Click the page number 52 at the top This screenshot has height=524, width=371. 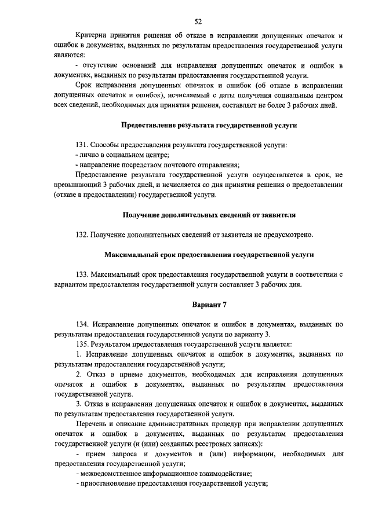198,22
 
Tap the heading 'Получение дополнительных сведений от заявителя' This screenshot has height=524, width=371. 209,215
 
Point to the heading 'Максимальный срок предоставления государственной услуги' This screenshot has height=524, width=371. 209,254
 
